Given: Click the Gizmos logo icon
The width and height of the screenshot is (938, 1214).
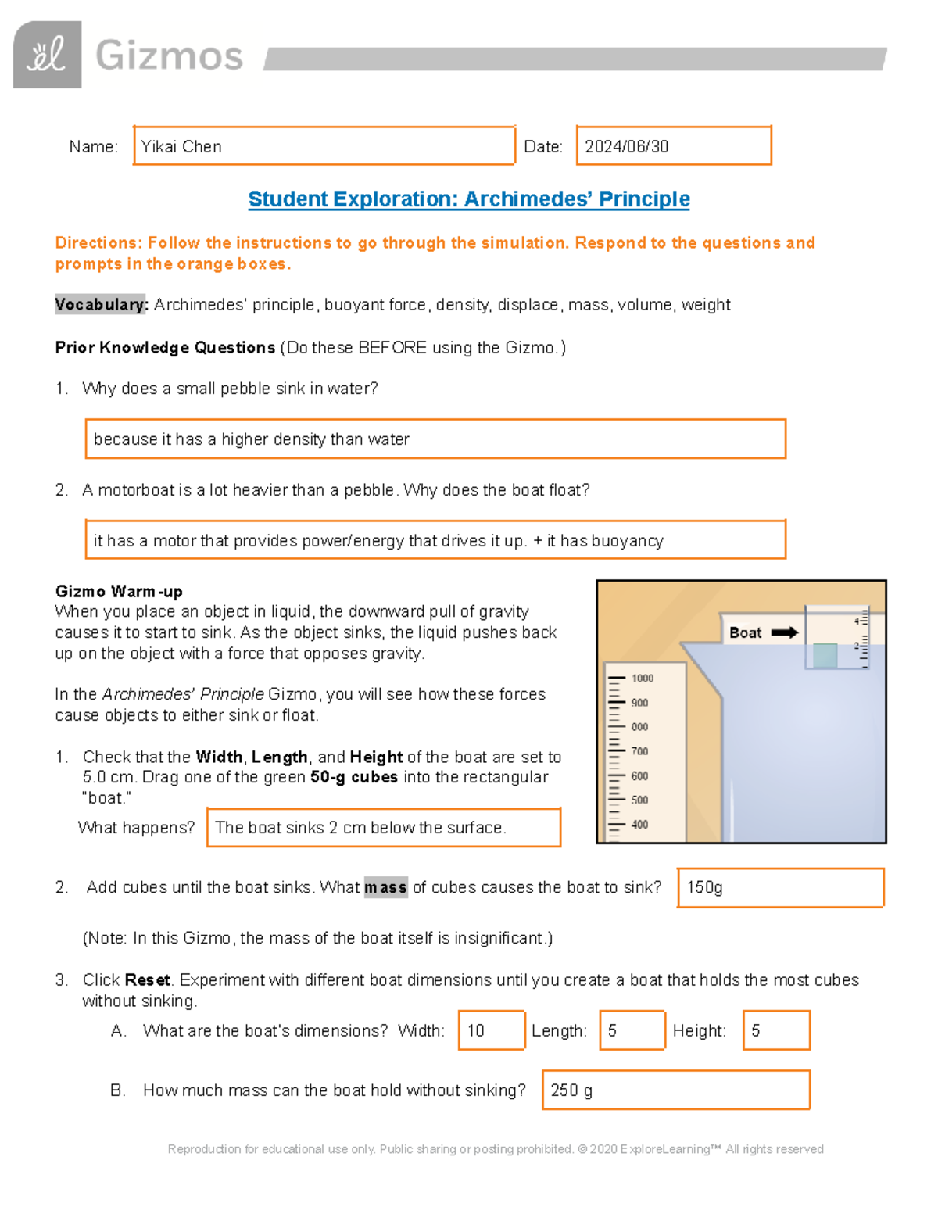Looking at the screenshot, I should pyautogui.click(x=47, y=55).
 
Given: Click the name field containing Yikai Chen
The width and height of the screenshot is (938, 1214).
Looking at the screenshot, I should pyautogui.click(x=324, y=146).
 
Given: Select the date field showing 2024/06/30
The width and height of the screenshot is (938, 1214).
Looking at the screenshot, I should pyautogui.click(x=673, y=146).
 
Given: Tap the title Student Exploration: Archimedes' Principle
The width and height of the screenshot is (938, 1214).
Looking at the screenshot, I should pyautogui.click(x=468, y=199).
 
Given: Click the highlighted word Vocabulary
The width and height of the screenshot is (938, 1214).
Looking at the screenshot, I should pyautogui.click(x=101, y=304).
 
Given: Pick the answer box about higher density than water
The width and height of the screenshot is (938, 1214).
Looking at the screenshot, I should pyautogui.click(x=435, y=439).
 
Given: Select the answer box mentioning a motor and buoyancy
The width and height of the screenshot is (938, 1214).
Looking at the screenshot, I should pyautogui.click(x=435, y=540).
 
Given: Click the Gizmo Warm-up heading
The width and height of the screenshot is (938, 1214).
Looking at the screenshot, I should pyautogui.click(x=119, y=591).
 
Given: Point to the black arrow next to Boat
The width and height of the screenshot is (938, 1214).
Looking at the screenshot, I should pyautogui.click(x=784, y=632).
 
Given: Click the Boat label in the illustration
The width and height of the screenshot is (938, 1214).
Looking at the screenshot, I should pyautogui.click(x=745, y=632).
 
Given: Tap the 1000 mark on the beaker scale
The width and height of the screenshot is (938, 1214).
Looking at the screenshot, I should pyautogui.click(x=642, y=679).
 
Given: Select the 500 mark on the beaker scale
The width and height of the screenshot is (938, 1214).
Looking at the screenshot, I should pyautogui.click(x=639, y=800).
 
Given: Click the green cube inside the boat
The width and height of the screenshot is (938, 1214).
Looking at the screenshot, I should pyautogui.click(x=824, y=655).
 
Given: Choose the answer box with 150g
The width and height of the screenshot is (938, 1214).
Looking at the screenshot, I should pyautogui.click(x=780, y=887).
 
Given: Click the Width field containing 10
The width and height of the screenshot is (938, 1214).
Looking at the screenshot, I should pyautogui.click(x=491, y=1030).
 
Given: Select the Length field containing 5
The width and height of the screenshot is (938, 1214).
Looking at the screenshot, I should pyautogui.click(x=632, y=1030).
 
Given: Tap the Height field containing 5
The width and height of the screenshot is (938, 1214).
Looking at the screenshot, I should pyautogui.click(x=776, y=1030).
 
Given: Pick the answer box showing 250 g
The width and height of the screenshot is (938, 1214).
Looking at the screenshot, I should pyautogui.click(x=675, y=1090).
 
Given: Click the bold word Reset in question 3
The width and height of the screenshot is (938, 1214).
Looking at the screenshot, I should pyautogui.click(x=147, y=979).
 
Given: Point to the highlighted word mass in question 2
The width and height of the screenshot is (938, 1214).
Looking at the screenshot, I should pyautogui.click(x=385, y=887).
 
